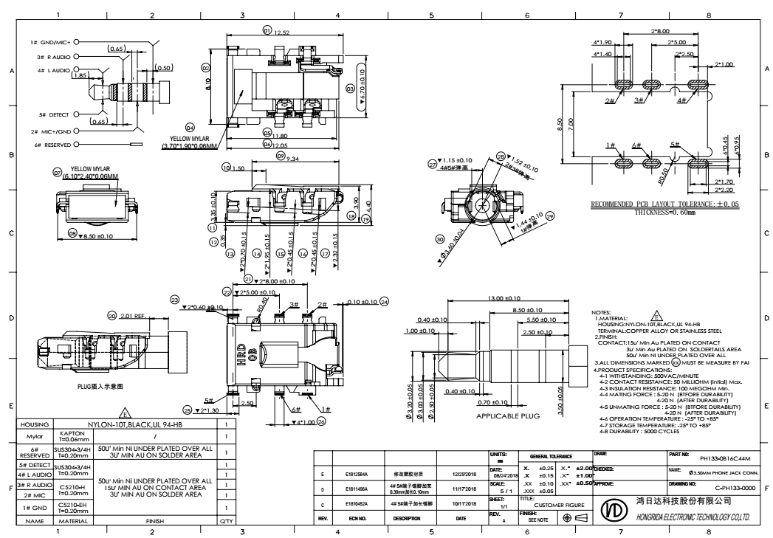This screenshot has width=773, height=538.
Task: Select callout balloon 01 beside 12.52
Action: tap(267, 30)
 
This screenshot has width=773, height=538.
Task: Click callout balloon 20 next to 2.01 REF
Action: tap(111, 315)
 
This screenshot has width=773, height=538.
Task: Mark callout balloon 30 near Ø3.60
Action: tap(440, 240)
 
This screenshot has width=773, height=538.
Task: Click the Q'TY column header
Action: tap(225, 520)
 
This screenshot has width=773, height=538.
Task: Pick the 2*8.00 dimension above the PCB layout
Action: tap(659, 31)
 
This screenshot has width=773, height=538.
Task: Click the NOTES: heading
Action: tap(603, 312)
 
